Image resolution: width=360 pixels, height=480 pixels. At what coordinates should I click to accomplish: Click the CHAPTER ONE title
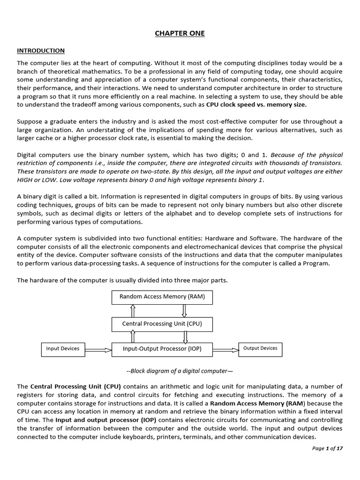tap(180, 33)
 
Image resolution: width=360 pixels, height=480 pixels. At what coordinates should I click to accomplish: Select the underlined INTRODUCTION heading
tap(41, 51)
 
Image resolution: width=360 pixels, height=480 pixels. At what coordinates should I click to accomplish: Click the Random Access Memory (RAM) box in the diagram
tap(158, 297)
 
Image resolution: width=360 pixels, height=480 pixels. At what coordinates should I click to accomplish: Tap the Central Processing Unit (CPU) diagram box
tap(161, 324)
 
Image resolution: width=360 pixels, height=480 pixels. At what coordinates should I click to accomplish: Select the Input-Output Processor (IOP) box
tap(161, 349)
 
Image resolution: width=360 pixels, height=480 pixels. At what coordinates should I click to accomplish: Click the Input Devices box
tap(62, 349)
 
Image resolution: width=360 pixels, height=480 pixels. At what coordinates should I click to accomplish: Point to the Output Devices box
tap(260, 348)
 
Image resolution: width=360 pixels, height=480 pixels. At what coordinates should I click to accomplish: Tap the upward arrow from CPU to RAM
tap(133, 310)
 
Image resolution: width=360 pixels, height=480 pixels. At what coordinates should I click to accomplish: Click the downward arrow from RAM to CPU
tap(184, 310)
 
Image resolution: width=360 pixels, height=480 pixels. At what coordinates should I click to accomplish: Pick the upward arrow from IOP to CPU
tap(133, 337)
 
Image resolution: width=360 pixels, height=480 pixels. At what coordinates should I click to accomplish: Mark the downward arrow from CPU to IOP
tap(186, 337)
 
